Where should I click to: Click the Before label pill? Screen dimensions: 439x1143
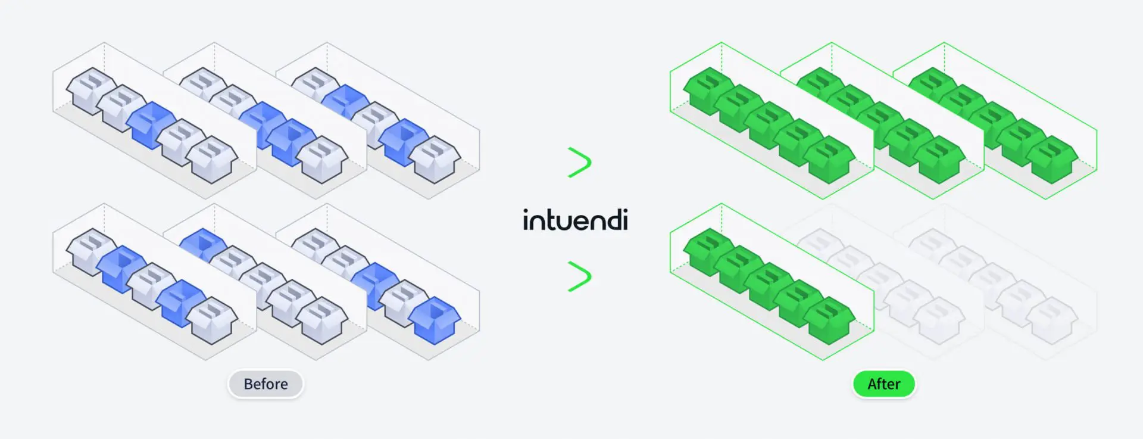(266, 384)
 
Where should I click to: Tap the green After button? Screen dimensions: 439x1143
(883, 384)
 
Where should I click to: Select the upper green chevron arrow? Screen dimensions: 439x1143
(579, 162)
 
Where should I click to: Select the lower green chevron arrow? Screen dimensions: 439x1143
(579, 276)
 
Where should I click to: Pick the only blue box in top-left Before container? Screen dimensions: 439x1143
(152, 124)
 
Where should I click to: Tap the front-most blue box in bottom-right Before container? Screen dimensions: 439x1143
(436, 320)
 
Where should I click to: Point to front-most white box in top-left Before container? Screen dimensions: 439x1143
(212, 158)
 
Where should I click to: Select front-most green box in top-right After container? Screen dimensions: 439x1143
(1053, 159)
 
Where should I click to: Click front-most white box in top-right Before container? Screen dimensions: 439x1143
(436, 159)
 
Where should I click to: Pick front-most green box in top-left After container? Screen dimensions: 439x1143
(830, 159)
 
